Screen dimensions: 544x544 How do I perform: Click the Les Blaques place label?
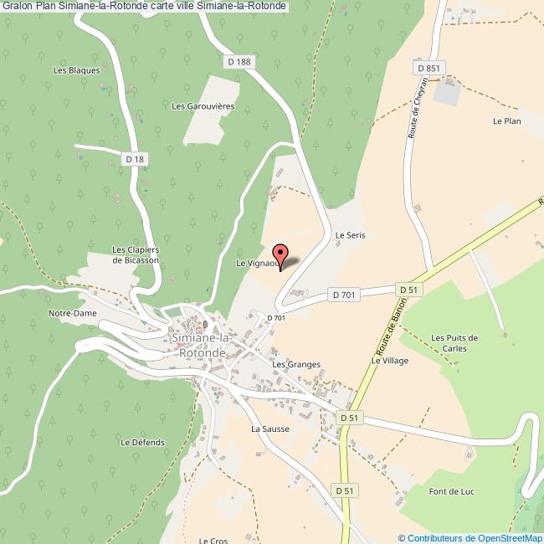click(x=76, y=70)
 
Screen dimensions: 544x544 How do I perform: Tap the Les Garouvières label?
click(x=203, y=106)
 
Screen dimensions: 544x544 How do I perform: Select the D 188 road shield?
click(x=239, y=61)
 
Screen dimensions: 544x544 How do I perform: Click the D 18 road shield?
click(x=134, y=158)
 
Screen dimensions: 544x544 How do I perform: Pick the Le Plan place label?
click(x=506, y=121)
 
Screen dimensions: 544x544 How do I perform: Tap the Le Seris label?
click(x=351, y=236)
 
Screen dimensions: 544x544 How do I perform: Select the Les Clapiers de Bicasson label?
click(x=136, y=255)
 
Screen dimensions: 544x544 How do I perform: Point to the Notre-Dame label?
click(x=73, y=313)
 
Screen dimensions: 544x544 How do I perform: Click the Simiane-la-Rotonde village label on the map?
click(x=199, y=346)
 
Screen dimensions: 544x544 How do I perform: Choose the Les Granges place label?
click(x=296, y=365)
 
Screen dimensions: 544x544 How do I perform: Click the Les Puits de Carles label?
click(x=454, y=343)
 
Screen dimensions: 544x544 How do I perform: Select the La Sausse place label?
click(x=270, y=429)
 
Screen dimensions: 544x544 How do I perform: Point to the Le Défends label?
click(x=143, y=442)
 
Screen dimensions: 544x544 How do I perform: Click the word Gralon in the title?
click(x=18, y=6)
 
